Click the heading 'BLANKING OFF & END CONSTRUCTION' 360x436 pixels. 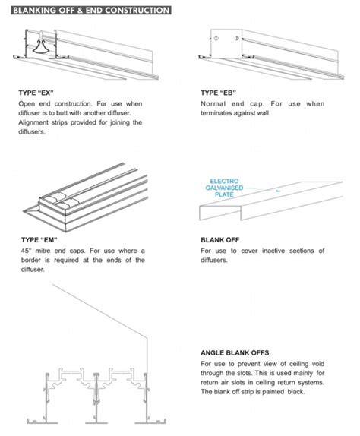[x=87, y=11]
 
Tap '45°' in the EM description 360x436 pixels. [x=25, y=251]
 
